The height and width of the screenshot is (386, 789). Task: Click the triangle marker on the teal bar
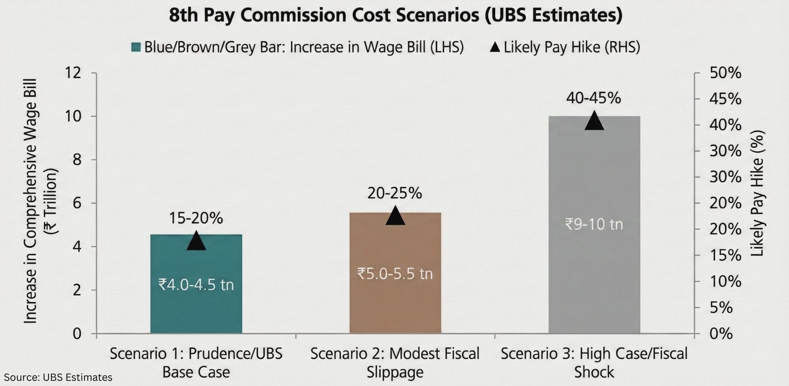(x=196, y=241)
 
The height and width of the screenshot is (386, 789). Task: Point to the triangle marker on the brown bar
(x=395, y=216)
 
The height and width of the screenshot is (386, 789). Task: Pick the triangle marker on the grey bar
(x=594, y=121)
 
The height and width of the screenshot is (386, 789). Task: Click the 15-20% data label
(x=196, y=218)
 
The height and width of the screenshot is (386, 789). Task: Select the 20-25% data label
(x=394, y=193)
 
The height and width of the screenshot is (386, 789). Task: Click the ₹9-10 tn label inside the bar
(x=594, y=225)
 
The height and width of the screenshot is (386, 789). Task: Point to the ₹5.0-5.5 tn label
(x=395, y=274)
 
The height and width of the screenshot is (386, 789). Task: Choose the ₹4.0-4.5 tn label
(x=196, y=284)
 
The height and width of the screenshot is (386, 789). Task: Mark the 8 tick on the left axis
(x=76, y=160)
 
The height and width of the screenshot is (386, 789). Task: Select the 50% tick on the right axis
(x=725, y=73)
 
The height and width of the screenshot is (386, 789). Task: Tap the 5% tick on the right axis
(x=728, y=308)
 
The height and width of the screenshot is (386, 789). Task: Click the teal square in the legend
(x=136, y=48)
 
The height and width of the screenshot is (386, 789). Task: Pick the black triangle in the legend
(x=495, y=48)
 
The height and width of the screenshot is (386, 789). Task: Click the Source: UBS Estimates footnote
(x=58, y=378)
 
